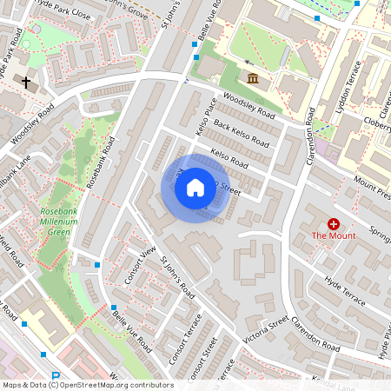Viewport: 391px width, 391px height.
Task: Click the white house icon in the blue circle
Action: tap(195, 188)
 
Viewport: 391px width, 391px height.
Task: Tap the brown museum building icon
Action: tap(253, 80)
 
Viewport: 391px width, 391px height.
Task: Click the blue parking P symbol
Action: tap(56, 378)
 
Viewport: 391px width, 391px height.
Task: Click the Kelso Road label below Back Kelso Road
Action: tap(230, 160)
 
